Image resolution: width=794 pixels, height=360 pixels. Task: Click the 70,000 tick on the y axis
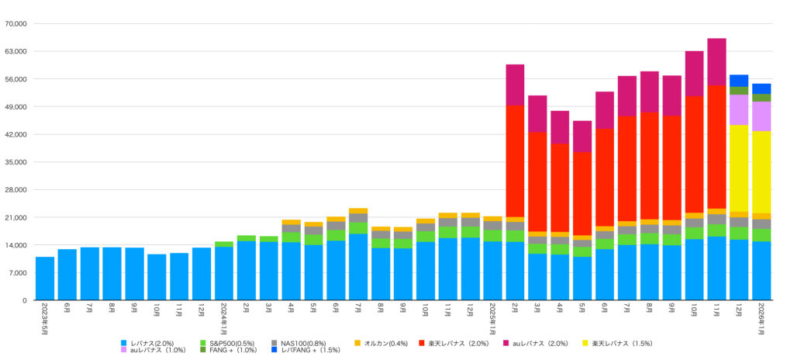click(16, 24)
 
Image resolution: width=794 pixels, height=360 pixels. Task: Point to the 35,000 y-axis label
click(16, 162)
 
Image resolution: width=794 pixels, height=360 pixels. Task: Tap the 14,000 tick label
click(16, 245)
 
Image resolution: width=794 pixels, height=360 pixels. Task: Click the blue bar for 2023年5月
click(45, 279)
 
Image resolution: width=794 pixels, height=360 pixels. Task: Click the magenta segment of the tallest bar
click(716, 61)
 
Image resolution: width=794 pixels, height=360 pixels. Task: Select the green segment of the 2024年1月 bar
click(224, 244)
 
